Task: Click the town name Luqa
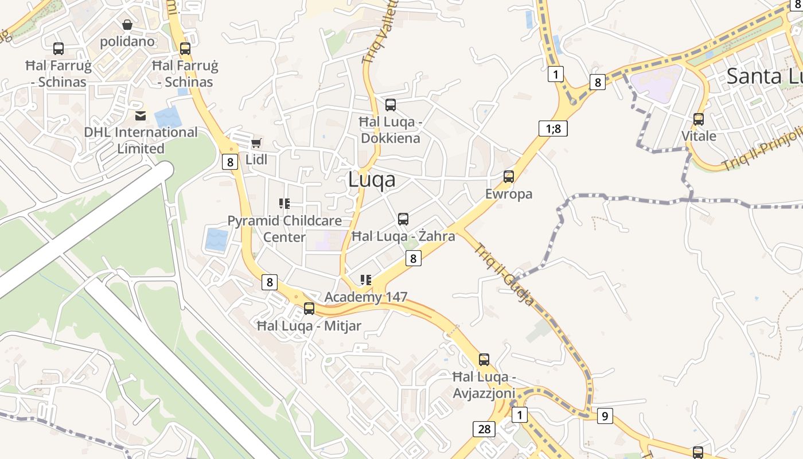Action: (x=372, y=180)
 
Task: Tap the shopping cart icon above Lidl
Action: (x=256, y=143)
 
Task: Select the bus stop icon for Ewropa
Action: (x=509, y=177)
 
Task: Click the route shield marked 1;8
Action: (x=553, y=128)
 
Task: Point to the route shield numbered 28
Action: (x=484, y=429)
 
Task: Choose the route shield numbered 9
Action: (x=605, y=415)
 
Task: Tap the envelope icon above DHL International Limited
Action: (x=141, y=116)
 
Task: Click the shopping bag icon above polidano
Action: (x=127, y=25)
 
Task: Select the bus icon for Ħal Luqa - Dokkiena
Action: (x=391, y=105)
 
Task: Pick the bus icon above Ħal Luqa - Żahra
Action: (x=403, y=219)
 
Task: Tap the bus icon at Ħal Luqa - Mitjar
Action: (x=309, y=309)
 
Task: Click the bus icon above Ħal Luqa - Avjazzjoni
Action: (x=484, y=360)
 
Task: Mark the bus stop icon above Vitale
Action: (x=699, y=119)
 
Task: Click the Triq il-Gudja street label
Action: (x=504, y=274)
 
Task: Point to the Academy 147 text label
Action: (x=366, y=297)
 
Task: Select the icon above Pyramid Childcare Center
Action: (x=284, y=203)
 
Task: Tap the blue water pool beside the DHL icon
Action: (x=167, y=118)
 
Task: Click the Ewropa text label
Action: (x=509, y=194)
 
